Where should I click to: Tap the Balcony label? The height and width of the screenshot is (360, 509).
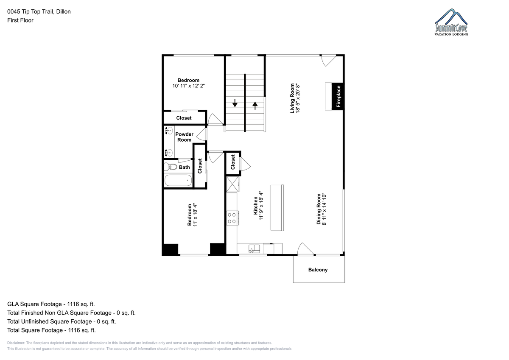point(318,270)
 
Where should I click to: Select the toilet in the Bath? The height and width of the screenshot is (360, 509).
point(171,167)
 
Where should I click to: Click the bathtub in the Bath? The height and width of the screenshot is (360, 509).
point(178,180)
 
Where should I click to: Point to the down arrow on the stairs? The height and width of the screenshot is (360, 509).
point(235,103)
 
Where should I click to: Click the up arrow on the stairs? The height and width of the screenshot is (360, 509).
point(255,106)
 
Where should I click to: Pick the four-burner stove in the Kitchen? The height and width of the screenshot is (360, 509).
point(232,218)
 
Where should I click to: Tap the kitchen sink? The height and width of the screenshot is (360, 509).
point(254,249)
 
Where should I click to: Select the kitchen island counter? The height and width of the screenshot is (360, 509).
point(277,208)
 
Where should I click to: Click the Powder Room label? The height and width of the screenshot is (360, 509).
point(184,137)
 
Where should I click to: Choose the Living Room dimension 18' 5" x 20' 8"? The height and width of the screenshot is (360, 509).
point(298,98)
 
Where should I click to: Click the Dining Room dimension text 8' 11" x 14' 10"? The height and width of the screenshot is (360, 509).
point(324,209)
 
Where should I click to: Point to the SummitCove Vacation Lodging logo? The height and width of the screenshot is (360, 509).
point(451,22)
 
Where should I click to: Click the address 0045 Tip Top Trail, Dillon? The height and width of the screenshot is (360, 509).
point(39,11)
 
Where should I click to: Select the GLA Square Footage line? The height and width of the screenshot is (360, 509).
point(51,304)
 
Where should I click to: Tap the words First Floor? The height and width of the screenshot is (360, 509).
point(20,20)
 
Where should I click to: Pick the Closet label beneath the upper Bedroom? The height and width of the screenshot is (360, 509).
point(184,118)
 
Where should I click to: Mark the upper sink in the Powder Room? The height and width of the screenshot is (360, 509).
point(168,131)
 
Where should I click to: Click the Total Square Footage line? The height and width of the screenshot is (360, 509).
point(51,330)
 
